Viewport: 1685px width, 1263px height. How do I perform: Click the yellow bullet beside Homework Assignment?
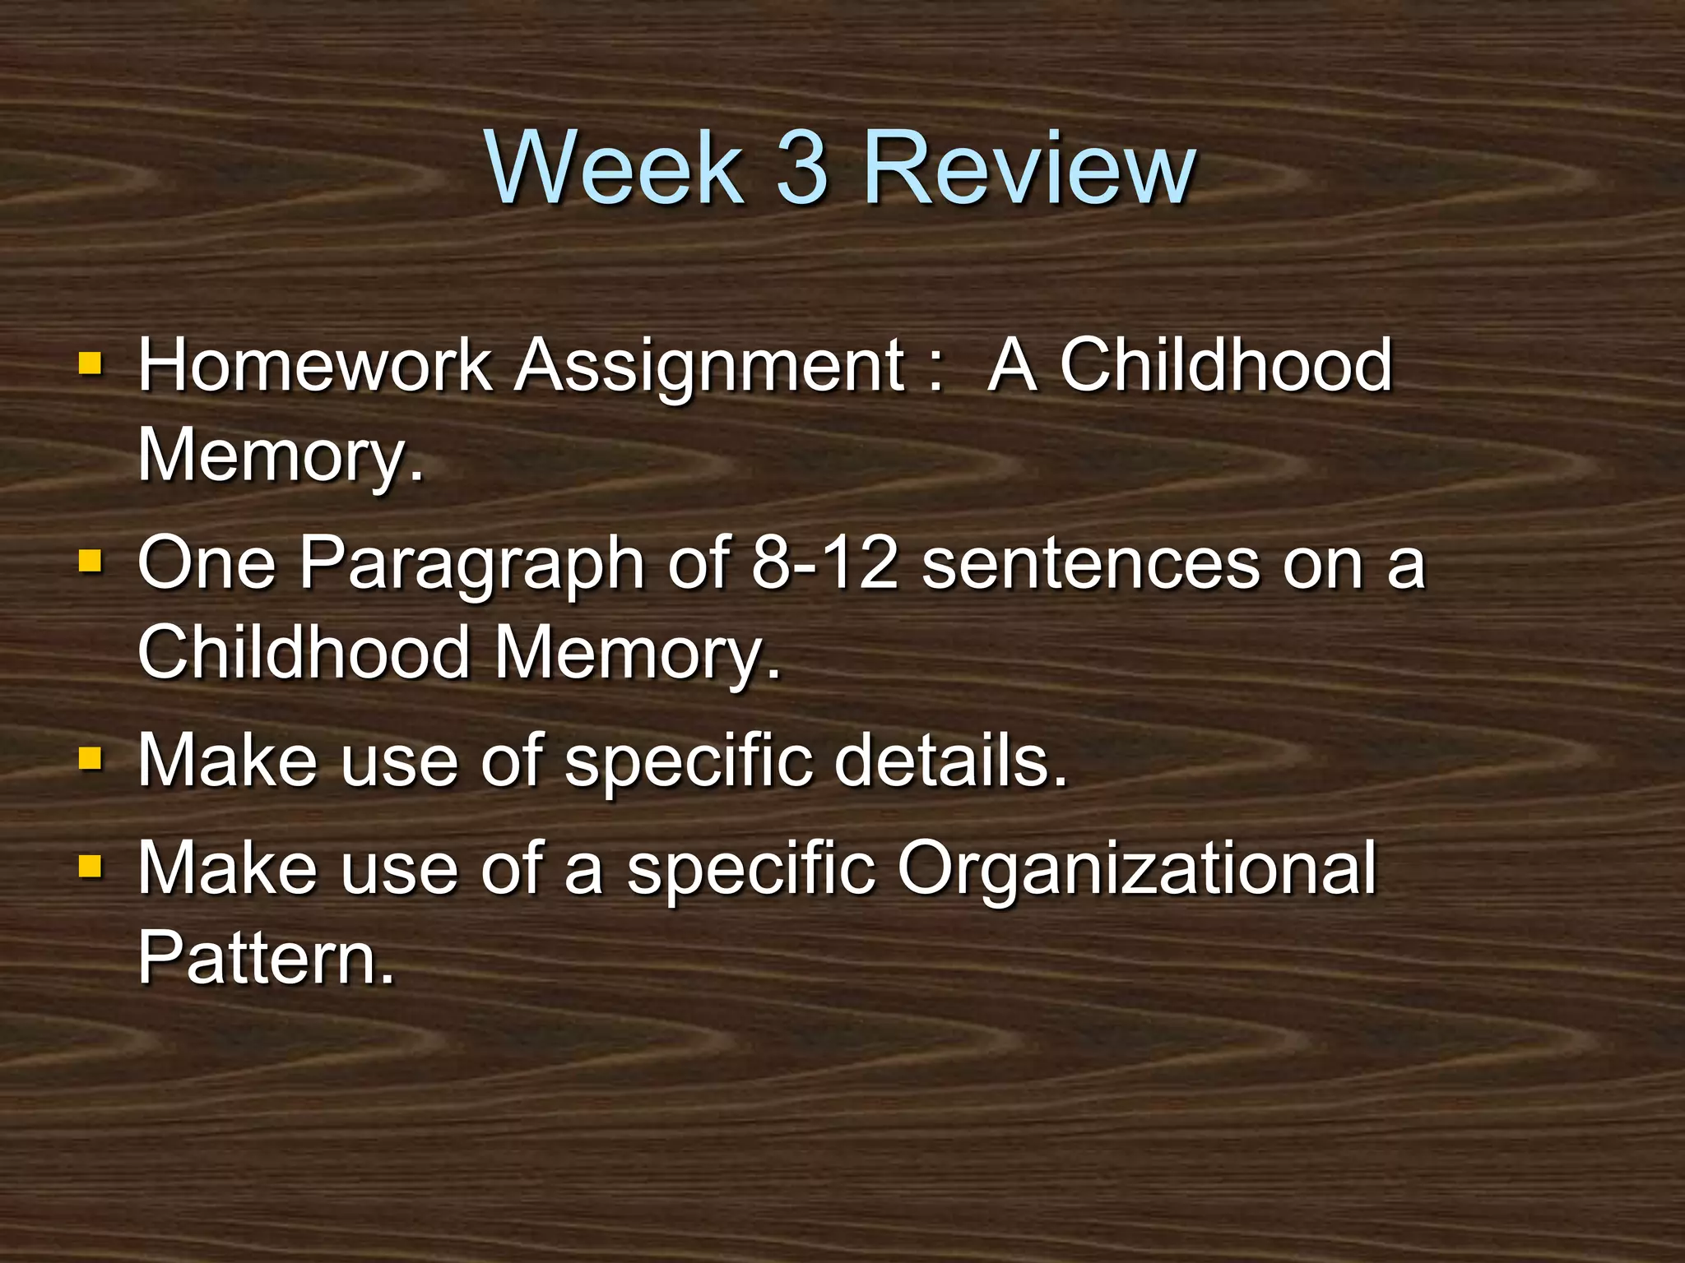coord(90,363)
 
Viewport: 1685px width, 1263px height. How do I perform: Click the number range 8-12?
coord(824,563)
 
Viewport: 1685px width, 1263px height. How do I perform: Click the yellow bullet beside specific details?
coord(90,757)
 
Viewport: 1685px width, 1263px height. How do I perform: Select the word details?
coord(950,761)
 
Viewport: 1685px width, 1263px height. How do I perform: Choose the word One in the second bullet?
coord(207,563)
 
